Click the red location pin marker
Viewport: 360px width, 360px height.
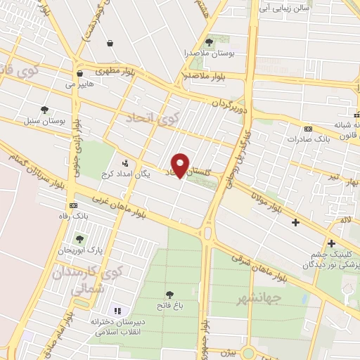pos(181,165)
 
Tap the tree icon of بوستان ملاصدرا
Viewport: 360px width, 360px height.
pos(208,44)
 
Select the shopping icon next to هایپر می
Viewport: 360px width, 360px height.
pos(79,73)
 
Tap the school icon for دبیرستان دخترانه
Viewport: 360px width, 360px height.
pos(117,310)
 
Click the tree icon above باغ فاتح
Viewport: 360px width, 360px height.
pos(169,295)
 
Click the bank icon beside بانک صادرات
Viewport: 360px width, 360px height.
pos(309,129)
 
